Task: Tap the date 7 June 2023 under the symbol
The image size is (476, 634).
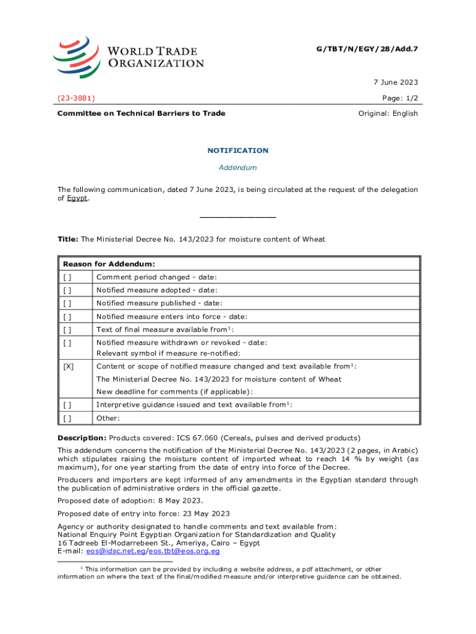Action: coord(395,82)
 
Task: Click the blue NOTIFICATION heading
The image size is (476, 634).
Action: coord(237,150)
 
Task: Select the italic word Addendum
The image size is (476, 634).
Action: coord(237,168)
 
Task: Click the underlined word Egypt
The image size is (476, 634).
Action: coord(77,198)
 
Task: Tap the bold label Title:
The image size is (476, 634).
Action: coord(68,239)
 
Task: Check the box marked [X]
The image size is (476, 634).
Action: coord(68,367)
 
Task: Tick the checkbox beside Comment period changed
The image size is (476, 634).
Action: coord(67,277)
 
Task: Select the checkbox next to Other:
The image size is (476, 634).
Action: coord(67,418)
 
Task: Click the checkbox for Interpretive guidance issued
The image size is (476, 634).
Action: coord(67,405)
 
